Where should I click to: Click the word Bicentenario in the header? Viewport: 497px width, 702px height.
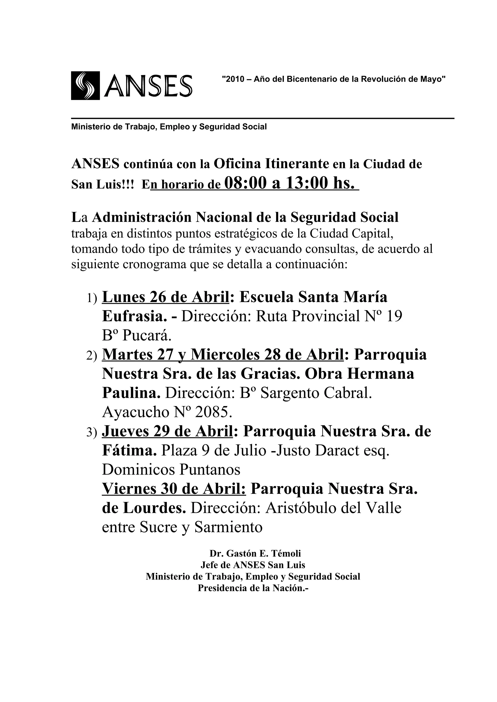311,79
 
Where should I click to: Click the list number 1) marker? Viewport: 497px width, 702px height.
92,298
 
